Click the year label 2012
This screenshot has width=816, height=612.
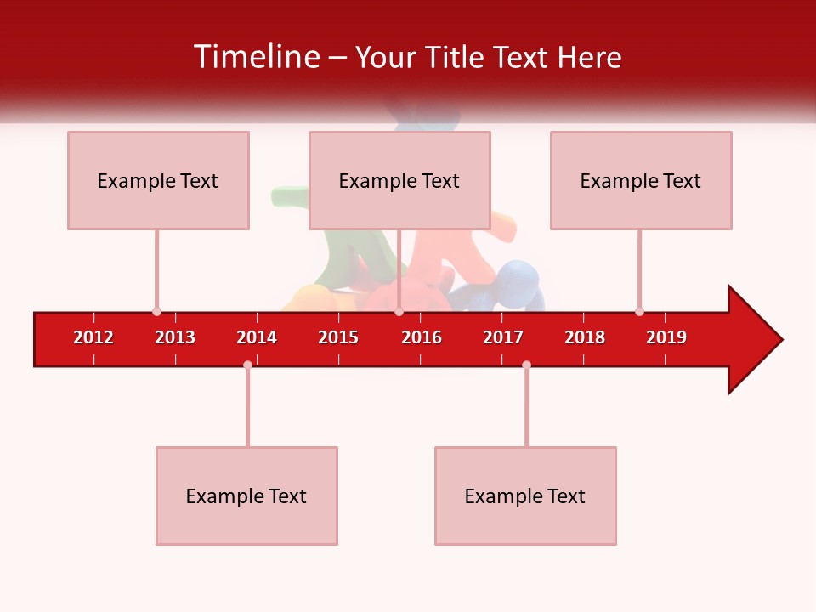point(93,337)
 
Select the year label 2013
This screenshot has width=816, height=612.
point(175,337)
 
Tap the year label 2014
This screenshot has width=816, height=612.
point(257,337)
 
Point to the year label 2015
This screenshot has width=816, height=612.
point(338,337)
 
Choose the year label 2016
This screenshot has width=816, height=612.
point(422,337)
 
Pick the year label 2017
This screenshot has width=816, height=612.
point(503,337)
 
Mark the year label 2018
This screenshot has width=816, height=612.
point(585,337)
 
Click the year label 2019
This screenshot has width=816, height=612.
point(666,337)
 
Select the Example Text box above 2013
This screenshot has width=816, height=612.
point(158,180)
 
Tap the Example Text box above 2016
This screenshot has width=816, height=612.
point(399,180)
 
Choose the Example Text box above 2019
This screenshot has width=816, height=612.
point(641,180)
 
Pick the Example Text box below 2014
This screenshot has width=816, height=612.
point(246,496)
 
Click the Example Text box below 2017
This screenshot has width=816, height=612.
point(525,496)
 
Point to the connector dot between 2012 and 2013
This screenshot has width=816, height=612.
point(156,312)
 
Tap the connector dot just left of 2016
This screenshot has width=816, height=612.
point(399,312)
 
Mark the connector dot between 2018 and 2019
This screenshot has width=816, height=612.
point(639,312)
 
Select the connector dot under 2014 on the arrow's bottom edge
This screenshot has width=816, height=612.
point(247,365)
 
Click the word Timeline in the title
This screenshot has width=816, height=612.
point(257,57)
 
